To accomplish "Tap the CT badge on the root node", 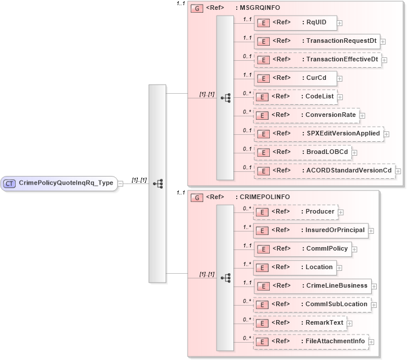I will click(x=10, y=183).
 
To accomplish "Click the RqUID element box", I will click(x=295, y=23).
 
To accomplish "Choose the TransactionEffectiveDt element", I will click(x=318, y=60).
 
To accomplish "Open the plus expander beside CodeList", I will click(x=342, y=97).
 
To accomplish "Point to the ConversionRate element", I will click(x=306, y=115).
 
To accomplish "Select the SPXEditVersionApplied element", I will click(x=318, y=134).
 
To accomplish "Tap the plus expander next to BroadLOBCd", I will click(x=354, y=153).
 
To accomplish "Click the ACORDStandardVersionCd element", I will click(x=324, y=171).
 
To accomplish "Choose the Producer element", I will click(x=295, y=212).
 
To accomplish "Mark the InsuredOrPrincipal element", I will click(x=310, y=230).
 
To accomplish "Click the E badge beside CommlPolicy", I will click(x=262, y=249).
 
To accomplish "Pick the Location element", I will click(x=295, y=267).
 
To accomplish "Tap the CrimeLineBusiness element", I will click(x=312, y=286).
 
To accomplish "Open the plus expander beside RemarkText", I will click(x=350, y=323).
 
